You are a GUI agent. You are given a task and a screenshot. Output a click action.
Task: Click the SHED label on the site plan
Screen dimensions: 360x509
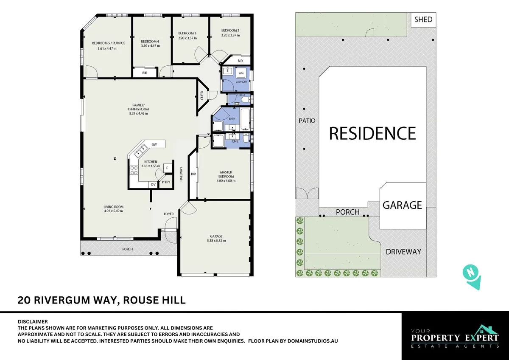[x=423, y=20]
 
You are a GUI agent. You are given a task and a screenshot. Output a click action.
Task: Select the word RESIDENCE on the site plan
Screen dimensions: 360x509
[x=372, y=133]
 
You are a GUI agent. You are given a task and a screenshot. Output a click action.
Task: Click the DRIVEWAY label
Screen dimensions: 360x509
[x=403, y=252]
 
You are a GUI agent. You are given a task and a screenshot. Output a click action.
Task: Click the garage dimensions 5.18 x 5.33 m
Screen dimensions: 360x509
[x=216, y=241]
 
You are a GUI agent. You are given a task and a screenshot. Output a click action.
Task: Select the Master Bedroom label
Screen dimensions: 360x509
[x=226, y=174]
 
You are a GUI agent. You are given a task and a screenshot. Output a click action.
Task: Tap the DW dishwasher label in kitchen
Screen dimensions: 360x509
[x=154, y=145]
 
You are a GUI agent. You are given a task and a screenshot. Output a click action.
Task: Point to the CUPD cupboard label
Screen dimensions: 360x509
[x=202, y=96]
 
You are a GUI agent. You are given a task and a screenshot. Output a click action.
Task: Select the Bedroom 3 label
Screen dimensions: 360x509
[x=187, y=33]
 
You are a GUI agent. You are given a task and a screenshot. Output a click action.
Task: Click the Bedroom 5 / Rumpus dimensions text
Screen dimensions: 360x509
[x=106, y=48]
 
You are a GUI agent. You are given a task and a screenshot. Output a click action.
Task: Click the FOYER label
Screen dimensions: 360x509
[x=169, y=214]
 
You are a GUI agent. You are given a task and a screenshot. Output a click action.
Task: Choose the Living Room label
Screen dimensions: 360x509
[x=113, y=207]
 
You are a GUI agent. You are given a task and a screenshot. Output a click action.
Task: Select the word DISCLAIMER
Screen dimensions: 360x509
[x=33, y=322]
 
